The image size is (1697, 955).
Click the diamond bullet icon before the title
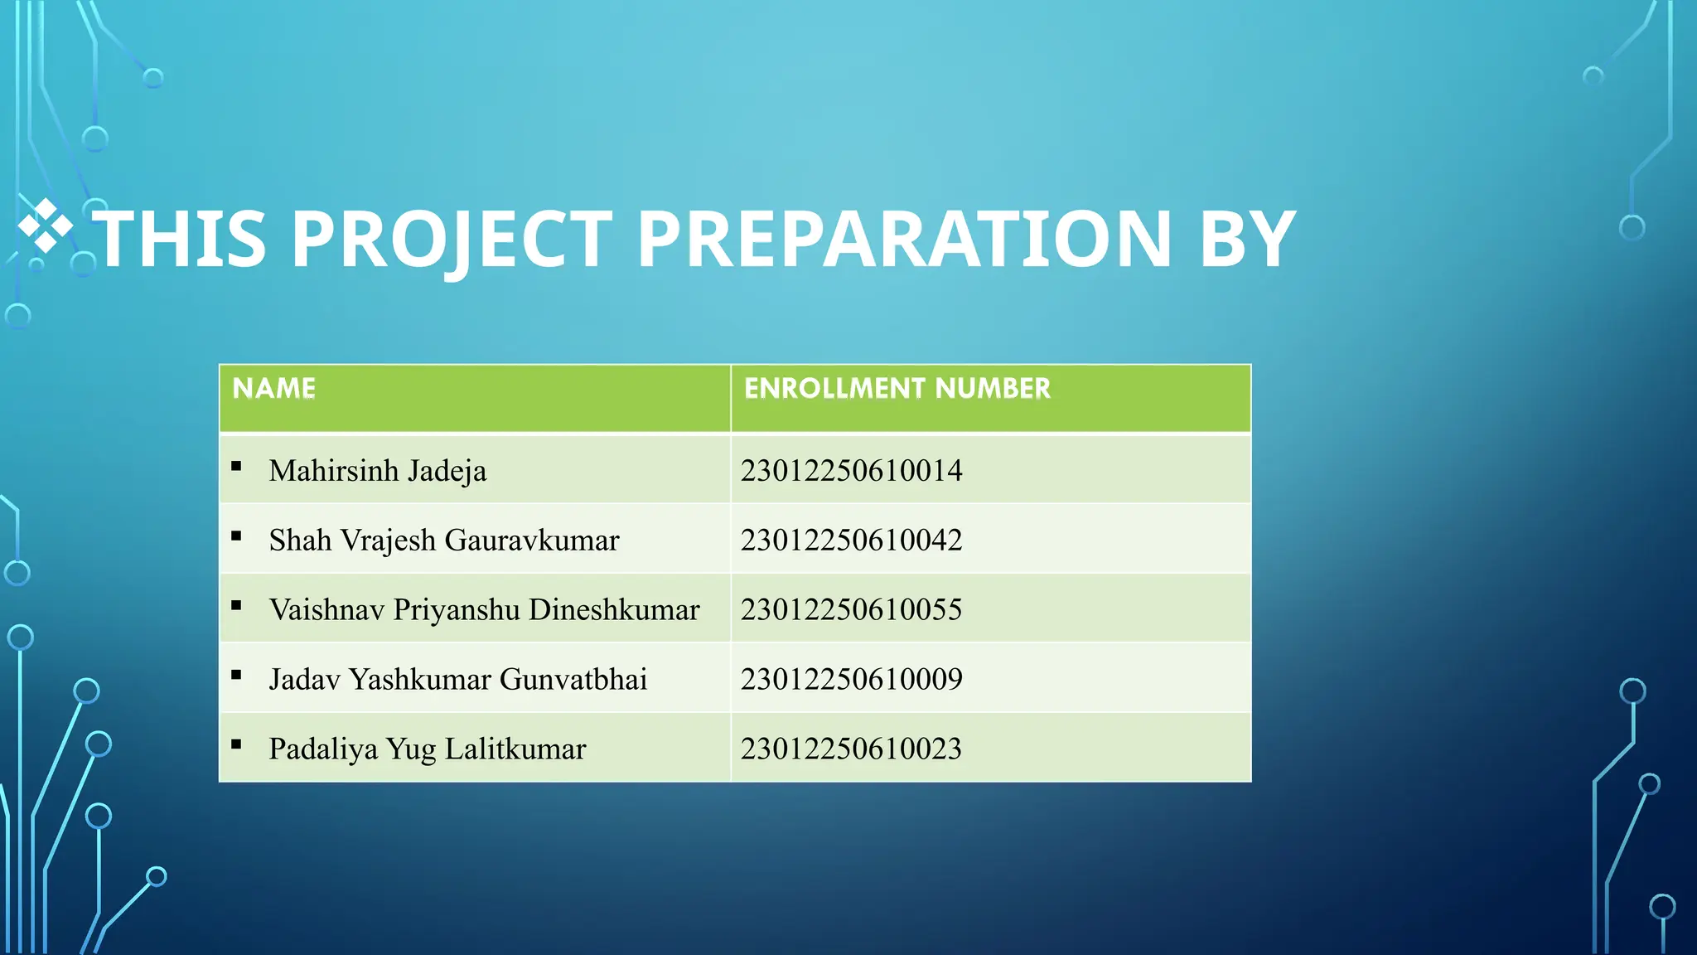point(46,225)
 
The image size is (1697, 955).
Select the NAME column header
point(274,388)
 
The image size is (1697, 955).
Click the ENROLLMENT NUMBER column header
point(897,388)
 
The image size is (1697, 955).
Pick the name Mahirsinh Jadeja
point(378,471)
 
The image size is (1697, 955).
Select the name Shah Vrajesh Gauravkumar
point(444,541)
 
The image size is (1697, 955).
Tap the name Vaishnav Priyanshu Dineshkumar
point(485,610)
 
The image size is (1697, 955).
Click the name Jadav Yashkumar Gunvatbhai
point(458,680)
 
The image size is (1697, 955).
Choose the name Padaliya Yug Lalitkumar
point(428,749)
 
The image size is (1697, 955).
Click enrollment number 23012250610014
point(852,471)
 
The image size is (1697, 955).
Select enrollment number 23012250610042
point(852,541)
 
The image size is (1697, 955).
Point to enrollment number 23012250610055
point(852,610)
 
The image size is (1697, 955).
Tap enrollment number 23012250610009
point(852,680)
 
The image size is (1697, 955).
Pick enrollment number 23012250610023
point(852,749)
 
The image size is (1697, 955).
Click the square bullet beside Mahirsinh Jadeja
point(236,467)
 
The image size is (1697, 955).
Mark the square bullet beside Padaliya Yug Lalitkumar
point(236,744)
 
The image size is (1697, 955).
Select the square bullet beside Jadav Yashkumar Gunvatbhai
point(236,675)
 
